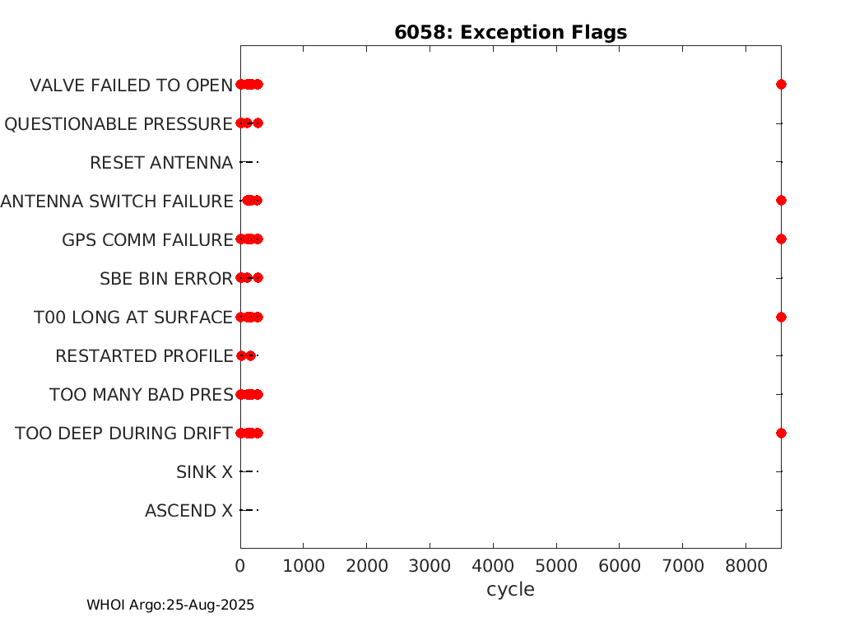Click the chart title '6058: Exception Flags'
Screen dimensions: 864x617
pos(510,33)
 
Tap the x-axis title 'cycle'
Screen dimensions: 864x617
pos(510,590)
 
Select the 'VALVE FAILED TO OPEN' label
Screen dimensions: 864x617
pos(131,86)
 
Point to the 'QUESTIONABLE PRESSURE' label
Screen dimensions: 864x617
pos(118,124)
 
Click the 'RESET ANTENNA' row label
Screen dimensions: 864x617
pos(161,163)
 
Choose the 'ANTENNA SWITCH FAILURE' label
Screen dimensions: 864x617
pos(117,201)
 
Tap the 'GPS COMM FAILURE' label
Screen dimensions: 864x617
pos(147,240)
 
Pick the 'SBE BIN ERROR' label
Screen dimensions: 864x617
pos(166,279)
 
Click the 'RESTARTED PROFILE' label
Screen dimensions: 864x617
pos(144,356)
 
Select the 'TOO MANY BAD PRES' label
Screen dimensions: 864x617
pos(142,394)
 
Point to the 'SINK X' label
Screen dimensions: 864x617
pos(204,472)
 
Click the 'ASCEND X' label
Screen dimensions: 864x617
pos(189,511)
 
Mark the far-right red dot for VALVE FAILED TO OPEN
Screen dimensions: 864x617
pos(781,84)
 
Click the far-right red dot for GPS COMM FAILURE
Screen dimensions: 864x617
pos(781,239)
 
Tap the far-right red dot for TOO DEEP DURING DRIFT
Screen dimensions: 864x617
pos(781,433)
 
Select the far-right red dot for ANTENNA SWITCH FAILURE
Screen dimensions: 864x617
pos(781,201)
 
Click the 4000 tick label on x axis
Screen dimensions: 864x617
pos(493,566)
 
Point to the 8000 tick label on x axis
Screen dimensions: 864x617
pos(746,566)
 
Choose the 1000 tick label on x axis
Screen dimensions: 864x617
pos(304,566)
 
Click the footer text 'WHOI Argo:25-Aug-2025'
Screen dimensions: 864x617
pos(170,605)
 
